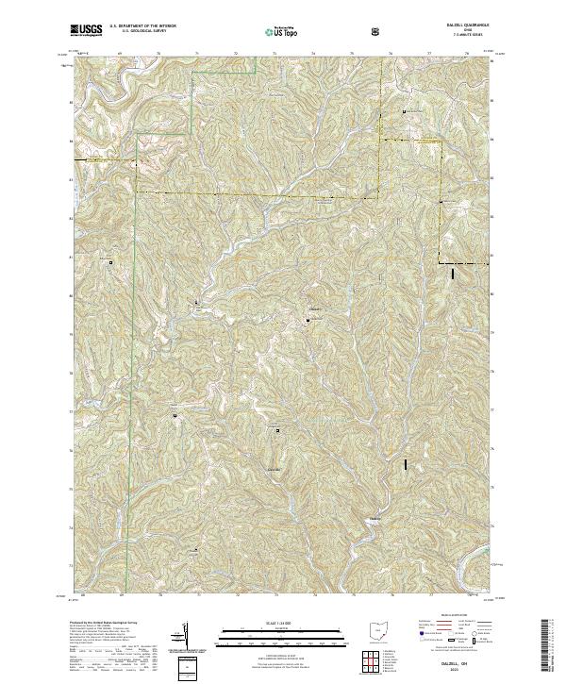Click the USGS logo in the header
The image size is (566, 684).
pyautogui.click(x=87, y=31)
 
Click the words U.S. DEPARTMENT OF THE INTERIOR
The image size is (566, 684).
pyautogui.click(x=142, y=27)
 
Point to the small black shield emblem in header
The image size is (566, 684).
pyautogui.click(x=376, y=32)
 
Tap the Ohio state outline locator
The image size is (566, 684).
pyautogui.click(x=377, y=634)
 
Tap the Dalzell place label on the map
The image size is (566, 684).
pyautogui.click(x=375, y=519)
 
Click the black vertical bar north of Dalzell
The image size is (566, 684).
pyautogui.click(x=407, y=464)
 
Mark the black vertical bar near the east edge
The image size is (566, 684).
pyautogui.click(x=454, y=274)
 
